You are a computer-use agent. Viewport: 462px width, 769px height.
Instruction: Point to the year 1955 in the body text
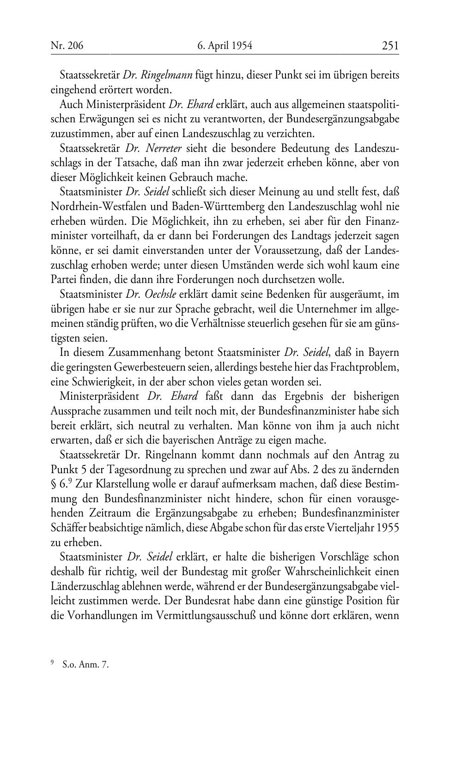[388, 528]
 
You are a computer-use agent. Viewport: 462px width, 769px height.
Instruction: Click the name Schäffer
[67, 528]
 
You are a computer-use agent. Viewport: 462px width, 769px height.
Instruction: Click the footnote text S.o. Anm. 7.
[85, 665]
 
